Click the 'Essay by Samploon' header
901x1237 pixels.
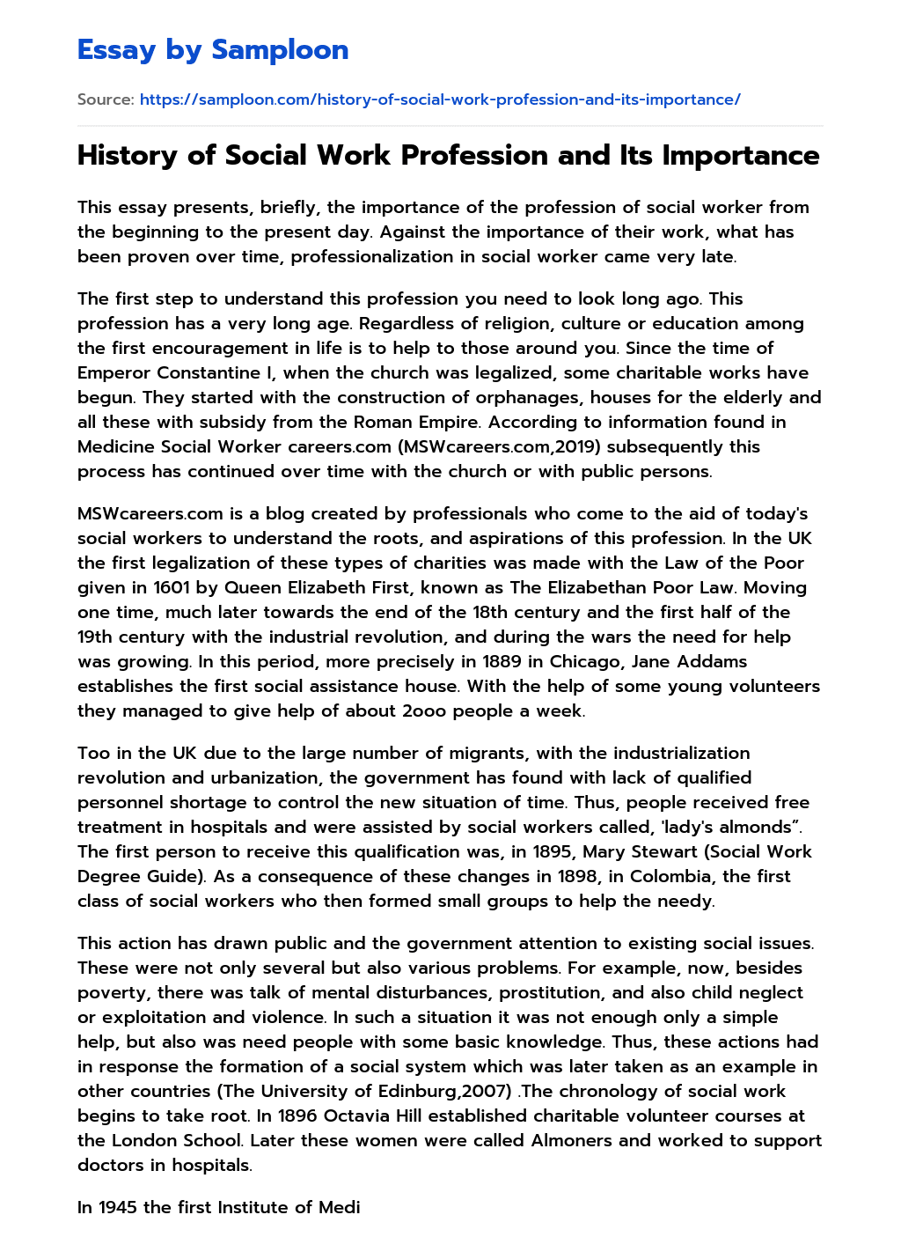(x=213, y=50)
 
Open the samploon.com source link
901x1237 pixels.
(x=440, y=99)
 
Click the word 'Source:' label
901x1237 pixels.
(x=105, y=99)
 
